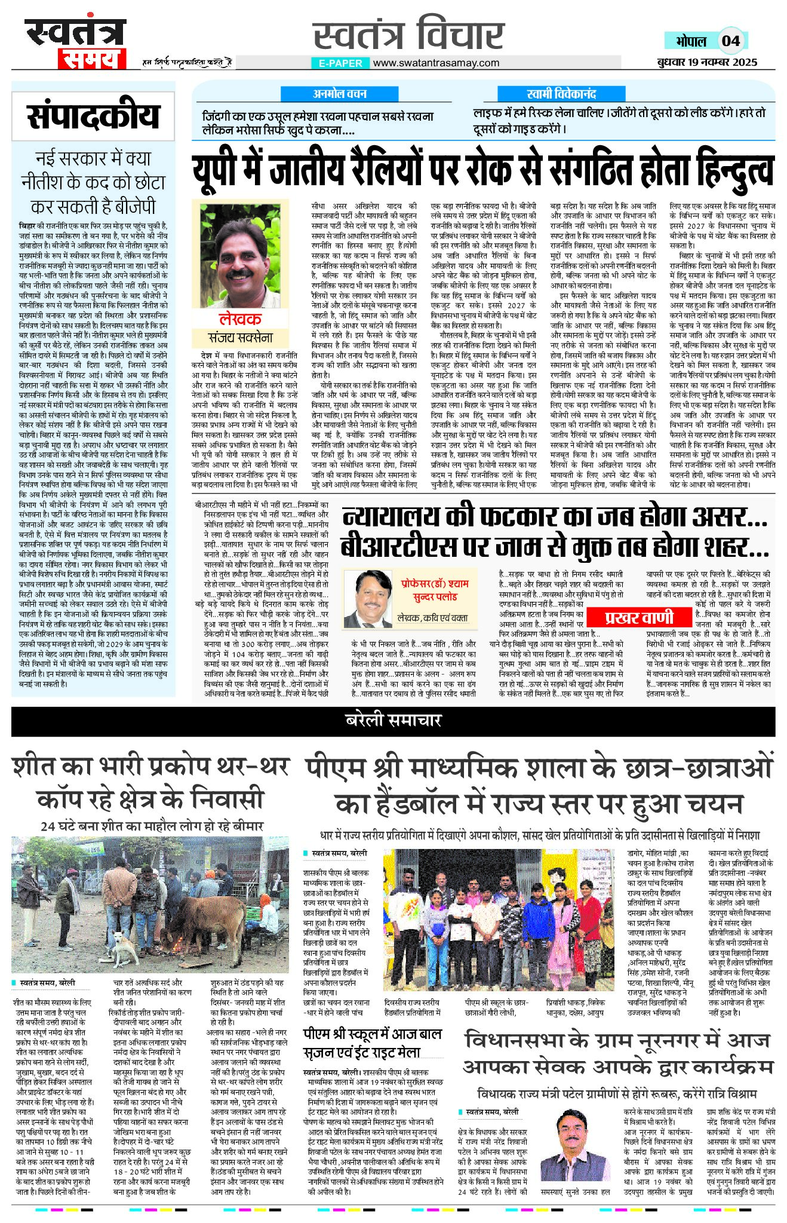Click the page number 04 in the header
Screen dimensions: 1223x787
730,41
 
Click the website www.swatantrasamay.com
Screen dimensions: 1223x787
436,63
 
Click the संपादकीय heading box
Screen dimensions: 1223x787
93,116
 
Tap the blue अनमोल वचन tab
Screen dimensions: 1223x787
339,94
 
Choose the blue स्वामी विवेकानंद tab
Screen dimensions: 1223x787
561,94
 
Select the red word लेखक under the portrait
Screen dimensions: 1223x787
240,318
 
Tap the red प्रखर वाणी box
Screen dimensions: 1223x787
639,617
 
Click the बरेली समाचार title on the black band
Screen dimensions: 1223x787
393,720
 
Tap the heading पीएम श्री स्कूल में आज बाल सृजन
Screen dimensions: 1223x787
372,1043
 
